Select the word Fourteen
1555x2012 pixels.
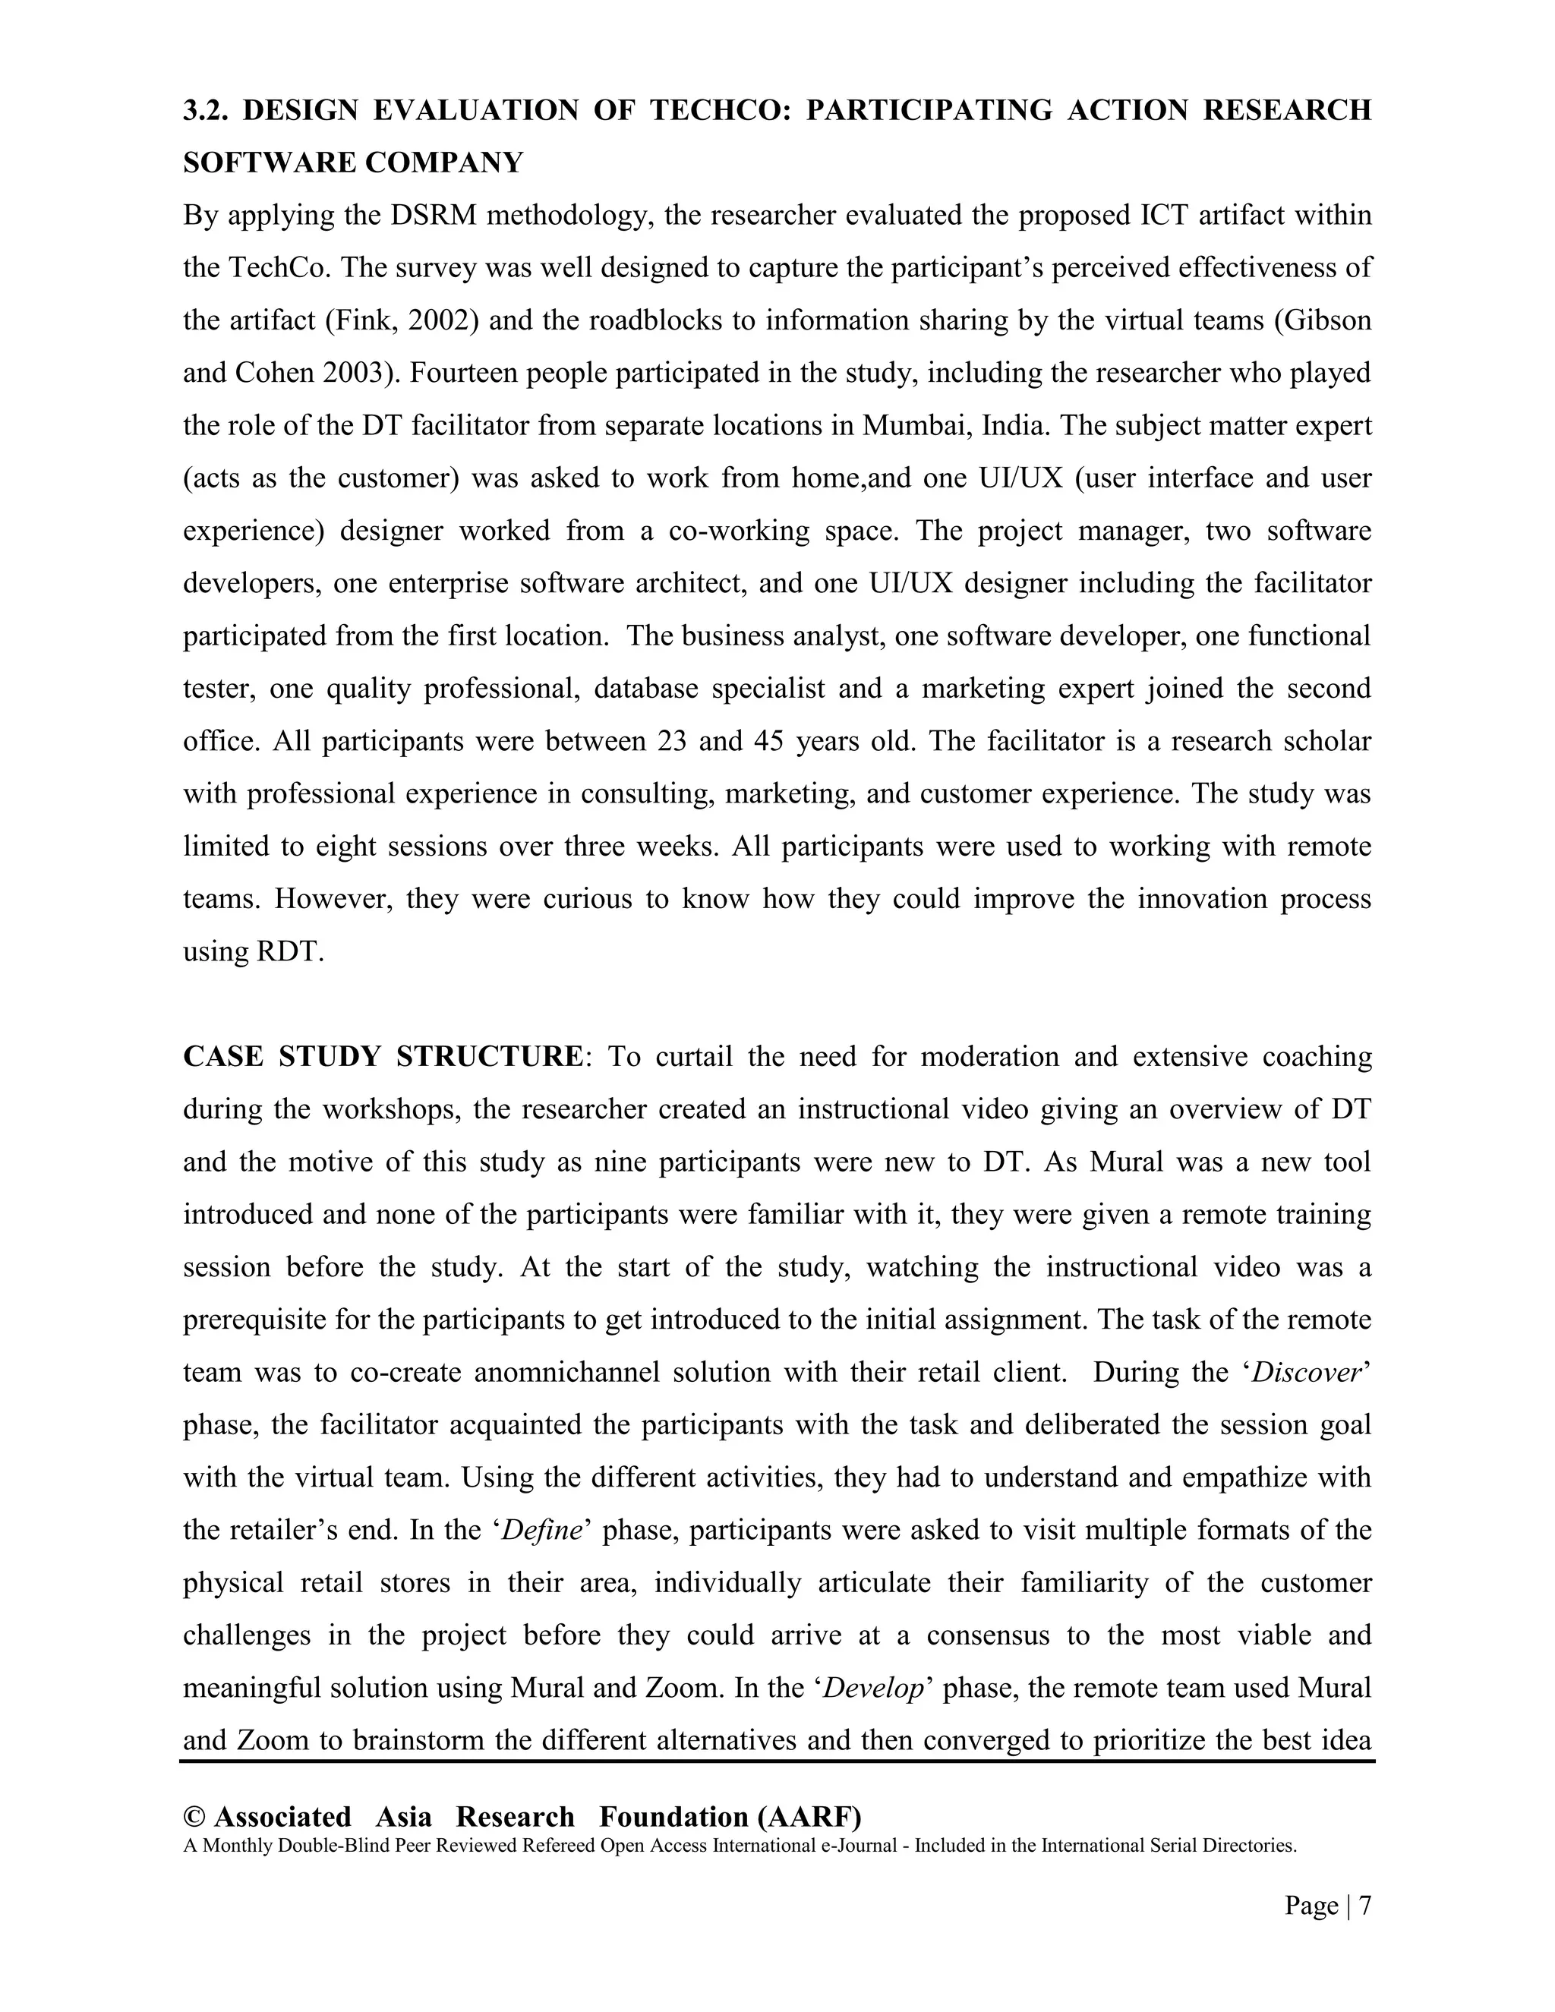pos(453,373)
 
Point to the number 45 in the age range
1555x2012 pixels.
pos(768,742)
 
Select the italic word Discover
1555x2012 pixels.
pos(1306,1373)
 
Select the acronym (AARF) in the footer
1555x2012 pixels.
pos(809,1817)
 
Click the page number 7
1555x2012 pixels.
pos(1364,1905)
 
